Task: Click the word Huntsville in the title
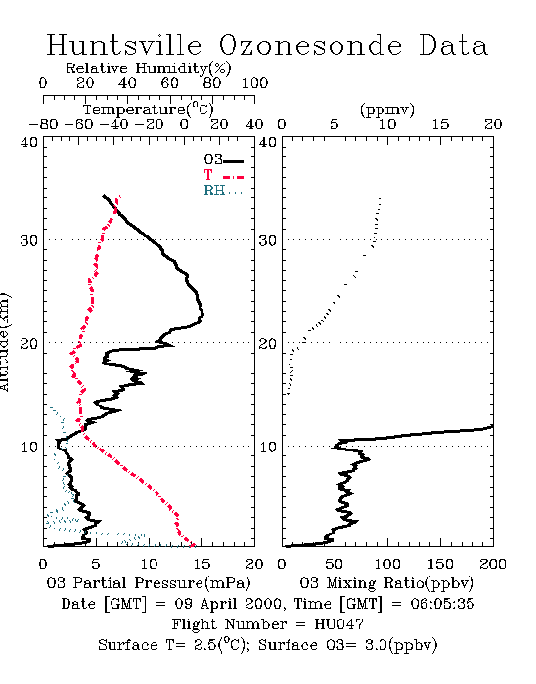[x=124, y=45]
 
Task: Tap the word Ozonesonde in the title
[x=309, y=45]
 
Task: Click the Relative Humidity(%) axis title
[x=149, y=68]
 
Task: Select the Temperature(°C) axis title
[x=149, y=109]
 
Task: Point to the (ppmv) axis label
[x=387, y=109]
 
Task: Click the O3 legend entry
[x=223, y=160]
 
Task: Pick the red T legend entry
[x=223, y=175]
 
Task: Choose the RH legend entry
[x=223, y=191]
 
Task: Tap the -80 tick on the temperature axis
[x=43, y=124]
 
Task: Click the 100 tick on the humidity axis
[x=254, y=82]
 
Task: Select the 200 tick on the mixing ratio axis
[x=493, y=564]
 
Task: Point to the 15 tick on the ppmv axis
[x=440, y=124]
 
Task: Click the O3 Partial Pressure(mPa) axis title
[x=149, y=582]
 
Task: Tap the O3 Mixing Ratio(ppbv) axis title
[x=386, y=582]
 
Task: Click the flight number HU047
[x=338, y=624]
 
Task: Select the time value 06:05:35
[x=442, y=604]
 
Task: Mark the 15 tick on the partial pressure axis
[x=201, y=564]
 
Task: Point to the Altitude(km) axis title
[x=4, y=342]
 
